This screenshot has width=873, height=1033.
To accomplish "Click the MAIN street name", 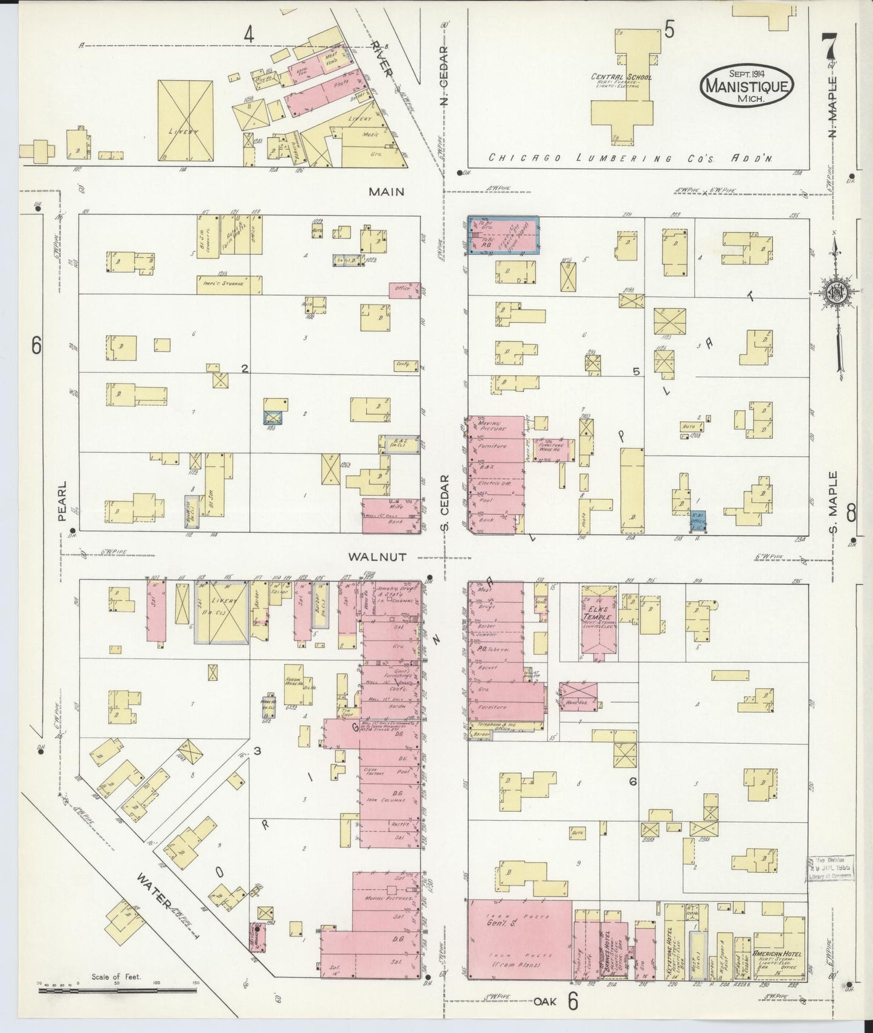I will pos(387,191).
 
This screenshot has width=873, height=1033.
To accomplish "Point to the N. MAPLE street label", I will pos(833,106).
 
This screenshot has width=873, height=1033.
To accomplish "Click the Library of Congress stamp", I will pos(830,869).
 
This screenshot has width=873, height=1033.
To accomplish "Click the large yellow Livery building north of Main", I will pos(185,121).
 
